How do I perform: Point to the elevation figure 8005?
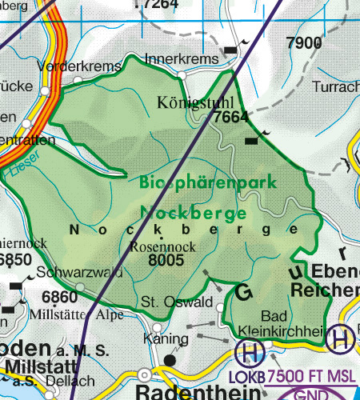pyautogui.click(x=167, y=259)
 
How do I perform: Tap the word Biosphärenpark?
pyautogui.click(x=207, y=182)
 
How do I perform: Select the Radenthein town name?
pyautogui.click(x=197, y=391)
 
